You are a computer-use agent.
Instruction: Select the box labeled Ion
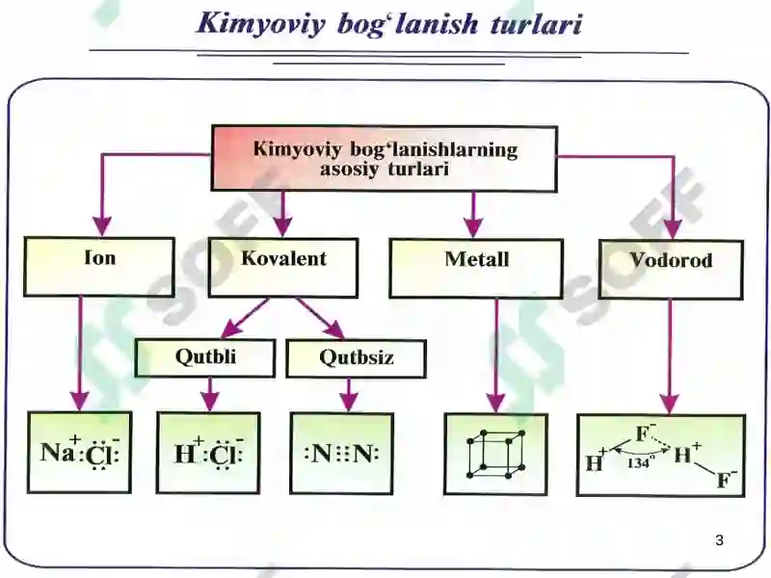(x=99, y=267)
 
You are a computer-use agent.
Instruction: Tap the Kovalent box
(x=283, y=268)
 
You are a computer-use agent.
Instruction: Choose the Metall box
(x=476, y=269)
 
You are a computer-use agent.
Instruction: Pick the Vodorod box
(x=671, y=270)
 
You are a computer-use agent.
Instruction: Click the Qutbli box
(x=205, y=357)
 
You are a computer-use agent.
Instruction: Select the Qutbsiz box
(x=356, y=358)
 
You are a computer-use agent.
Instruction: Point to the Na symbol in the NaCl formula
(x=58, y=452)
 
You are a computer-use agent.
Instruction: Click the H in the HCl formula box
(x=185, y=454)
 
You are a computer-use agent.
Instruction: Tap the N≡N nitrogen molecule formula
(x=342, y=453)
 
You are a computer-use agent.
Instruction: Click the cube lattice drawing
(x=496, y=454)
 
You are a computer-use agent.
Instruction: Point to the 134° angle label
(x=641, y=462)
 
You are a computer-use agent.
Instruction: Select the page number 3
(x=719, y=540)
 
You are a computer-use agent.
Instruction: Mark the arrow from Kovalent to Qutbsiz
(x=320, y=318)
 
